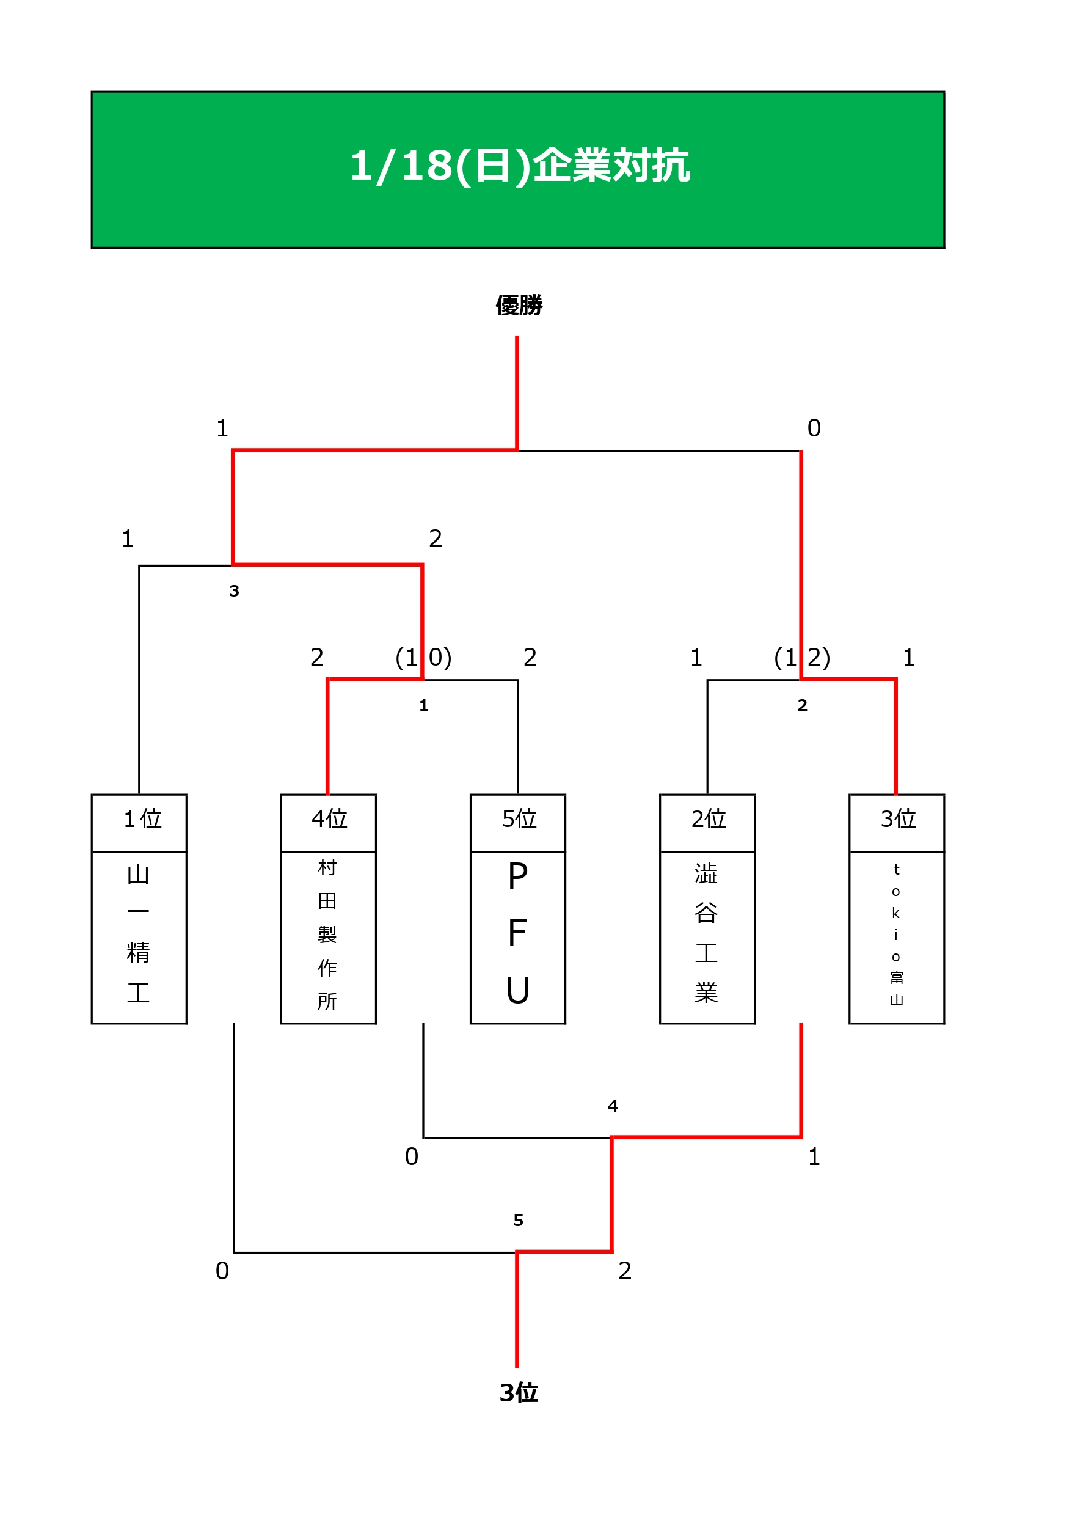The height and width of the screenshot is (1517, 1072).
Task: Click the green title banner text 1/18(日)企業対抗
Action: (519, 165)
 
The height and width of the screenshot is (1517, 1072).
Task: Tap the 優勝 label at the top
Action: (519, 305)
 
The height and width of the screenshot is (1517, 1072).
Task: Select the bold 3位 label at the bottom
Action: (519, 1393)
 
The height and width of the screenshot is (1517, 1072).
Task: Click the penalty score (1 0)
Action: (423, 658)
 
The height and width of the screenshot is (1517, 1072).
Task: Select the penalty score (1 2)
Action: (802, 658)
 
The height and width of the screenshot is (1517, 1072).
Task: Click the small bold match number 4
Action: (613, 1107)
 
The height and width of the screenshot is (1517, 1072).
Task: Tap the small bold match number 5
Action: (519, 1221)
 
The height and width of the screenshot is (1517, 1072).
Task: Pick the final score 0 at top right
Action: (814, 428)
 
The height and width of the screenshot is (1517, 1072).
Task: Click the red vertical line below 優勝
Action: (517, 393)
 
